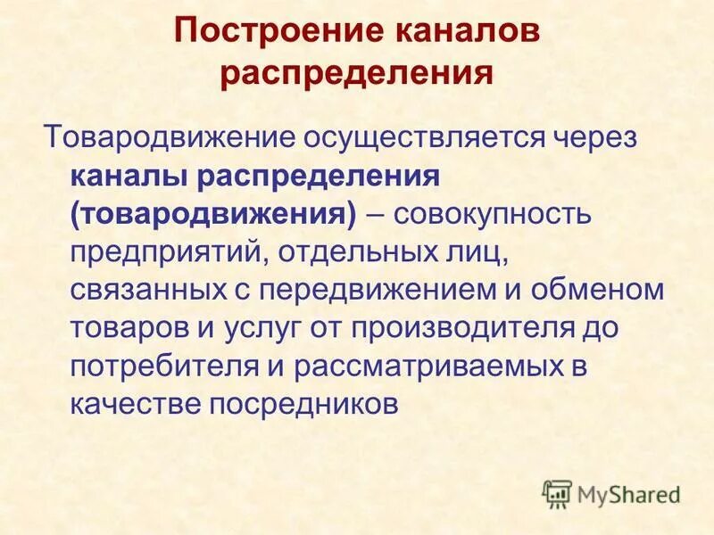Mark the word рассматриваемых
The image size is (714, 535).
pos(403,366)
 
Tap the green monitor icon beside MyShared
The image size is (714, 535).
pos(557,493)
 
